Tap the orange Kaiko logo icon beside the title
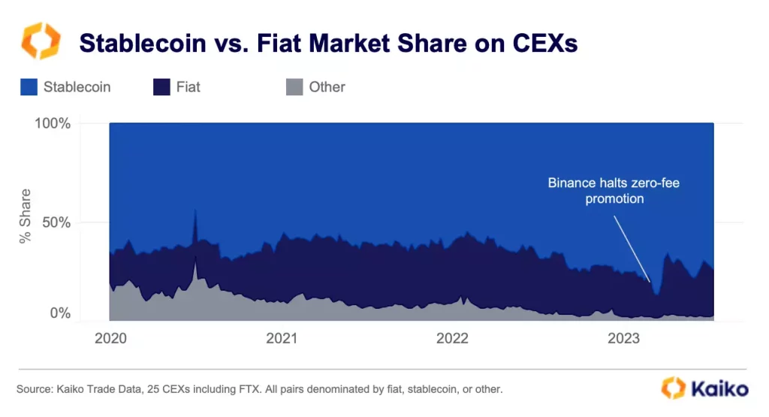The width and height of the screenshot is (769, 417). coord(40,41)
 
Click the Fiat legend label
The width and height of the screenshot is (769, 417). coord(188,87)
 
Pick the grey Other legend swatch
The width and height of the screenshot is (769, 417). coord(294,87)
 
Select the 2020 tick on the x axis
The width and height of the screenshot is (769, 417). coord(110,338)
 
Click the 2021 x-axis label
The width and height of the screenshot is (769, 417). coord(282,338)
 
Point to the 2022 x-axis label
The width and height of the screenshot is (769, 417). coord(452,338)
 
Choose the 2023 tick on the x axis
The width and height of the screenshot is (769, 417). coord(623,338)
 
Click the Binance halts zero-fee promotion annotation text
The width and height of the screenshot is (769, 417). coord(614,191)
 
